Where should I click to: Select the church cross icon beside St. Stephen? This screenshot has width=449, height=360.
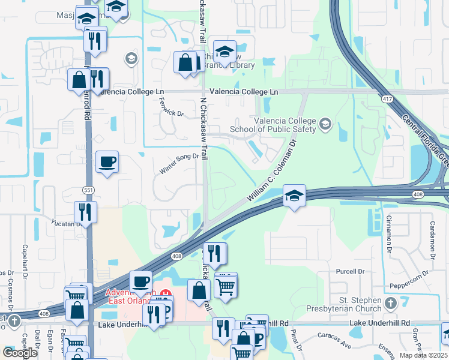point(391,303)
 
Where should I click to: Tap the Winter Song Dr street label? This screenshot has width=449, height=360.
point(179,163)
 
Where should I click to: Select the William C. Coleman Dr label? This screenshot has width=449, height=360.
point(273,170)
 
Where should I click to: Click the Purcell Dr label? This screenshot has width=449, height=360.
point(352,271)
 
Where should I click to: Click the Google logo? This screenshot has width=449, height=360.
point(20,353)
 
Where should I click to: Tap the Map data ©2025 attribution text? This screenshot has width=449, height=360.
point(423,355)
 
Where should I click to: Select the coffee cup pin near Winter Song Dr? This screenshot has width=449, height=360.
point(107,162)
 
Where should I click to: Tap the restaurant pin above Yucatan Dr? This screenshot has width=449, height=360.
point(85,212)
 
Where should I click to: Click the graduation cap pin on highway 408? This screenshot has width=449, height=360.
point(294,196)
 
